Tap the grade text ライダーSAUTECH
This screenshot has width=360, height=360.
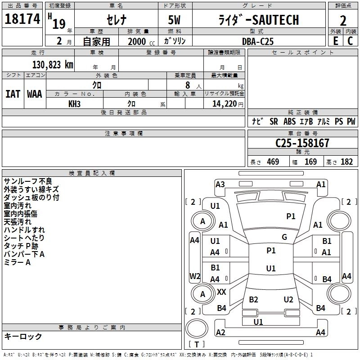[258, 20]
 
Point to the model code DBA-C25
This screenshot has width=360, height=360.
[257, 41]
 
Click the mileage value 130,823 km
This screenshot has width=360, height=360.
[52, 64]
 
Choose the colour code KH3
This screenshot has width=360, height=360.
[74, 104]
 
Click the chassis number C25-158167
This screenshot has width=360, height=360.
[302, 143]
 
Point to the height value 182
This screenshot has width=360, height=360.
[346, 162]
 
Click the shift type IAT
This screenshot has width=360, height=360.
[13, 94]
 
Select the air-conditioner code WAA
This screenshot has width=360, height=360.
[35, 94]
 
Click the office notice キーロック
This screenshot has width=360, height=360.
[23, 336]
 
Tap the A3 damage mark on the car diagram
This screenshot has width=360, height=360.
[220, 184]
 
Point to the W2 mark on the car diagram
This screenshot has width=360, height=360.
[194, 276]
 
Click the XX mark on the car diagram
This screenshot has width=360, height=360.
[221, 292]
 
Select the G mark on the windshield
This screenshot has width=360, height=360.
[284, 237]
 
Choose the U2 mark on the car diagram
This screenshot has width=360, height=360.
[288, 300]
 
